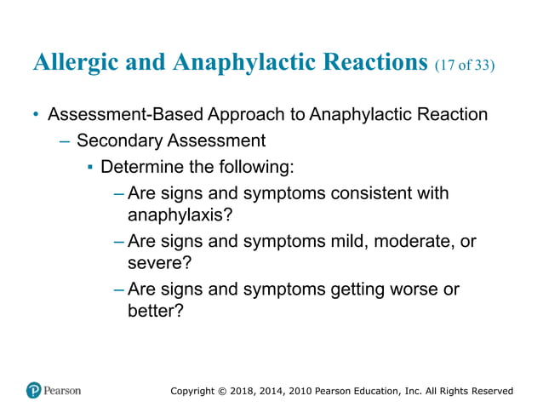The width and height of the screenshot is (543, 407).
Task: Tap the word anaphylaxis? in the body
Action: click(x=179, y=215)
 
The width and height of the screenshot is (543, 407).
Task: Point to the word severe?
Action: click(x=153, y=263)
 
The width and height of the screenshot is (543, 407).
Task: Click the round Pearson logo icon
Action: click(x=34, y=390)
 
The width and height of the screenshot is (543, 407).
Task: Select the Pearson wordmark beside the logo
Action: click(x=64, y=390)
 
